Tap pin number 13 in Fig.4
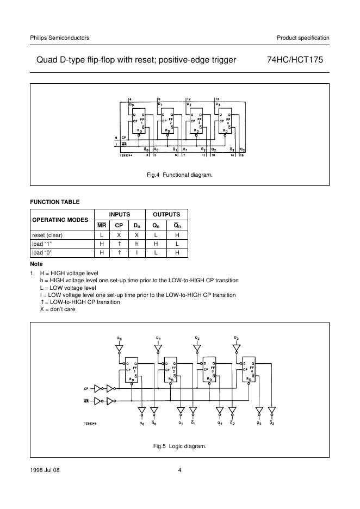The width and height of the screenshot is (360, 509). pos(218,98)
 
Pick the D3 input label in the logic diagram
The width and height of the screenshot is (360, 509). pos(236,338)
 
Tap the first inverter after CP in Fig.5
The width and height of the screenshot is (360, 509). pos(98,388)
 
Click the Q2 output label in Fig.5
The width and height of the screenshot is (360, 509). pos(219,423)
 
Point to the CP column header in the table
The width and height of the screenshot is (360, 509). pos(119,225)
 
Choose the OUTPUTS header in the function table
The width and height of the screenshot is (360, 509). pos(169,214)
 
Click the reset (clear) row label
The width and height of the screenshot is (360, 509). pos(47,234)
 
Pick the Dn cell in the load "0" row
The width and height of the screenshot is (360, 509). pos(137,253)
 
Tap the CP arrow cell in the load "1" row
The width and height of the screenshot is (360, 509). pos(119,244)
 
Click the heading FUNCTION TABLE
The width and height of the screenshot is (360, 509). pos(54,202)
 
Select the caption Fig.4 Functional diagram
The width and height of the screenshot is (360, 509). pos(179,175)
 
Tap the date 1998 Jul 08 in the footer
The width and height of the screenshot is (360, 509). pos(45,470)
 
